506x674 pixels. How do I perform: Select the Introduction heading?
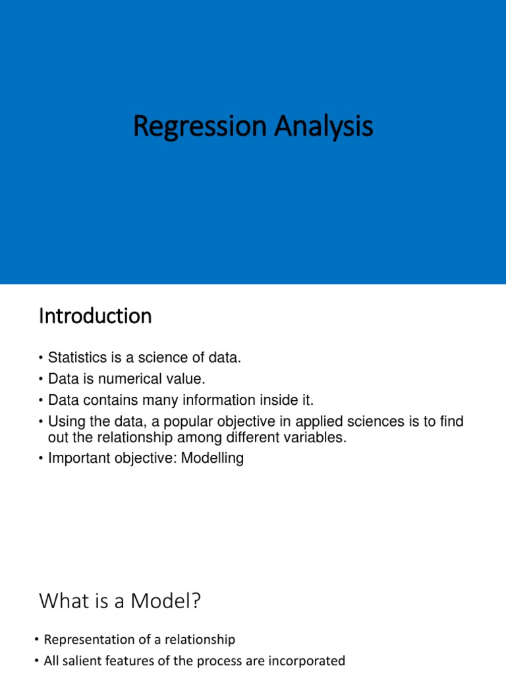click(95, 317)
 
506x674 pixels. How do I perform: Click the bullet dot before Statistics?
click(41, 359)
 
